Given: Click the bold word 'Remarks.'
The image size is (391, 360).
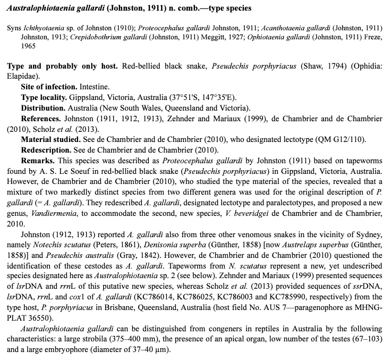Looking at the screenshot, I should point(38,160).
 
